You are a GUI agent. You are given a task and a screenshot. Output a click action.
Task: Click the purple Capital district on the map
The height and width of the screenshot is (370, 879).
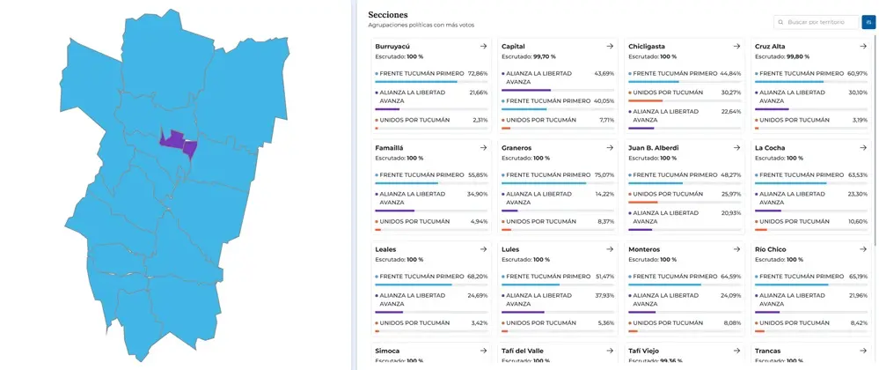pyautogui.click(x=172, y=139)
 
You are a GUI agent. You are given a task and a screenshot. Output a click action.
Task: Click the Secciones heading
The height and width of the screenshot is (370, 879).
pyautogui.click(x=388, y=15)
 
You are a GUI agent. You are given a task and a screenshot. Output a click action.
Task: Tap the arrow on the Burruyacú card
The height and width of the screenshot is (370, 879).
pyautogui.click(x=483, y=46)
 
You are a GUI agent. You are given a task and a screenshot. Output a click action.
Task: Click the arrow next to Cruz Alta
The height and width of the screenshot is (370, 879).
pyautogui.click(x=862, y=46)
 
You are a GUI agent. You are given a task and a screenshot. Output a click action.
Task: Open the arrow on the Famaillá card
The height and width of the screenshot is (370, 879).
pyautogui.click(x=483, y=148)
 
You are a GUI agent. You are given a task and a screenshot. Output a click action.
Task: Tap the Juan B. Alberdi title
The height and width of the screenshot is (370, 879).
pyautogui.click(x=653, y=148)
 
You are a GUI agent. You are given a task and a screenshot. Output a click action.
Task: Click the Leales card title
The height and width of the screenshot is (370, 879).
pyautogui.click(x=386, y=249)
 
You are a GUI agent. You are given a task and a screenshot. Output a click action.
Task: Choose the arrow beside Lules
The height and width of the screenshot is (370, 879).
pyautogui.click(x=610, y=249)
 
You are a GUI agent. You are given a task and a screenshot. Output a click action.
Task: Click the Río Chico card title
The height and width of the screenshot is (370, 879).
pyautogui.click(x=771, y=249)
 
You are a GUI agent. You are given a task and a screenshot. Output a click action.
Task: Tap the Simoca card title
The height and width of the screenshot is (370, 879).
pyautogui.click(x=387, y=351)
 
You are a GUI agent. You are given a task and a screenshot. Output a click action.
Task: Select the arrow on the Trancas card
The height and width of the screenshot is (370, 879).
pyautogui.click(x=862, y=351)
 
